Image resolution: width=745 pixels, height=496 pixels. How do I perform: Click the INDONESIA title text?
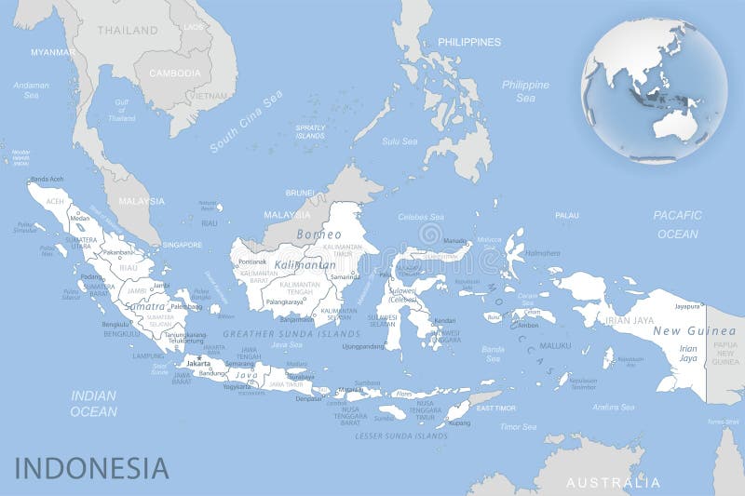tap(91, 467)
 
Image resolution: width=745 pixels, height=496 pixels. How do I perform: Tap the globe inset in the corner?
tap(654, 90)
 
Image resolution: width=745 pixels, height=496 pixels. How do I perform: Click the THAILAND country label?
tap(128, 30)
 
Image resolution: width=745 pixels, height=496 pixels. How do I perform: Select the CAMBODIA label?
tap(174, 73)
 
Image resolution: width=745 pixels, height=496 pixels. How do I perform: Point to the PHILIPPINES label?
tap(469, 42)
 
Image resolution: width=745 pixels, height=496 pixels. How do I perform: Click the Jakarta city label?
tap(197, 363)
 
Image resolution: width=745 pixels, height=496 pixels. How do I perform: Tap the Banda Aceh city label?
tap(47, 179)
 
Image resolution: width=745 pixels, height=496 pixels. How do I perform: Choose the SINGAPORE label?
tap(182, 245)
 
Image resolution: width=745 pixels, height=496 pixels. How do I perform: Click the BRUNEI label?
tap(300, 193)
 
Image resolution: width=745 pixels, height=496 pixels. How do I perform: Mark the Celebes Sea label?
tap(417, 217)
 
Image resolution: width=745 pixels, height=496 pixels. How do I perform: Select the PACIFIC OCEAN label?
tap(677, 224)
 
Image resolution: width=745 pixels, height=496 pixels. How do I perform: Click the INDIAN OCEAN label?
tap(94, 403)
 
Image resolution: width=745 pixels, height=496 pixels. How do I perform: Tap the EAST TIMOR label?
tap(495, 408)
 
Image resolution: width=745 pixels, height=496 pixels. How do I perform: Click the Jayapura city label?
tap(686, 305)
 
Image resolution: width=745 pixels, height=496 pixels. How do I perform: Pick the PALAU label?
tap(566, 215)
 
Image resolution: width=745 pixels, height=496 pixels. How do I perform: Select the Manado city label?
tap(454, 241)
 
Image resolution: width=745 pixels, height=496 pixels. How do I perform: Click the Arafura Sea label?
tap(614, 407)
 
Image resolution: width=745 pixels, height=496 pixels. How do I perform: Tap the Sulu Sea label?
tap(400, 141)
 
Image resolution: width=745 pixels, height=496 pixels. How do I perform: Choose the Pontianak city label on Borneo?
tap(252, 261)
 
